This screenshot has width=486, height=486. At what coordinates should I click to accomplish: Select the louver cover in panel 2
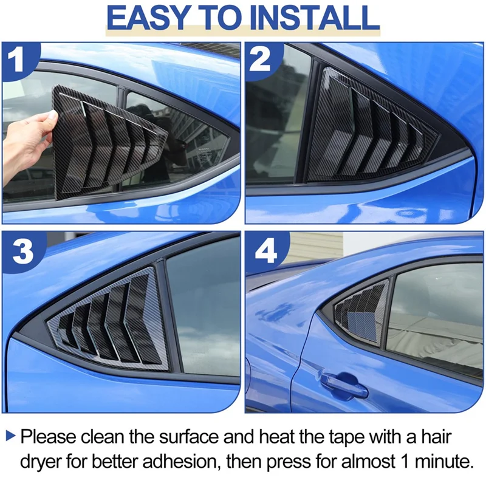tap(371, 131)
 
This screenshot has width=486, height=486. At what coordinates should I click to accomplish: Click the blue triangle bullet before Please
tap(11, 436)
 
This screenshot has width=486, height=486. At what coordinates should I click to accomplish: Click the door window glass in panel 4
tap(434, 316)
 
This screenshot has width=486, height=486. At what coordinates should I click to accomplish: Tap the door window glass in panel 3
tap(204, 310)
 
